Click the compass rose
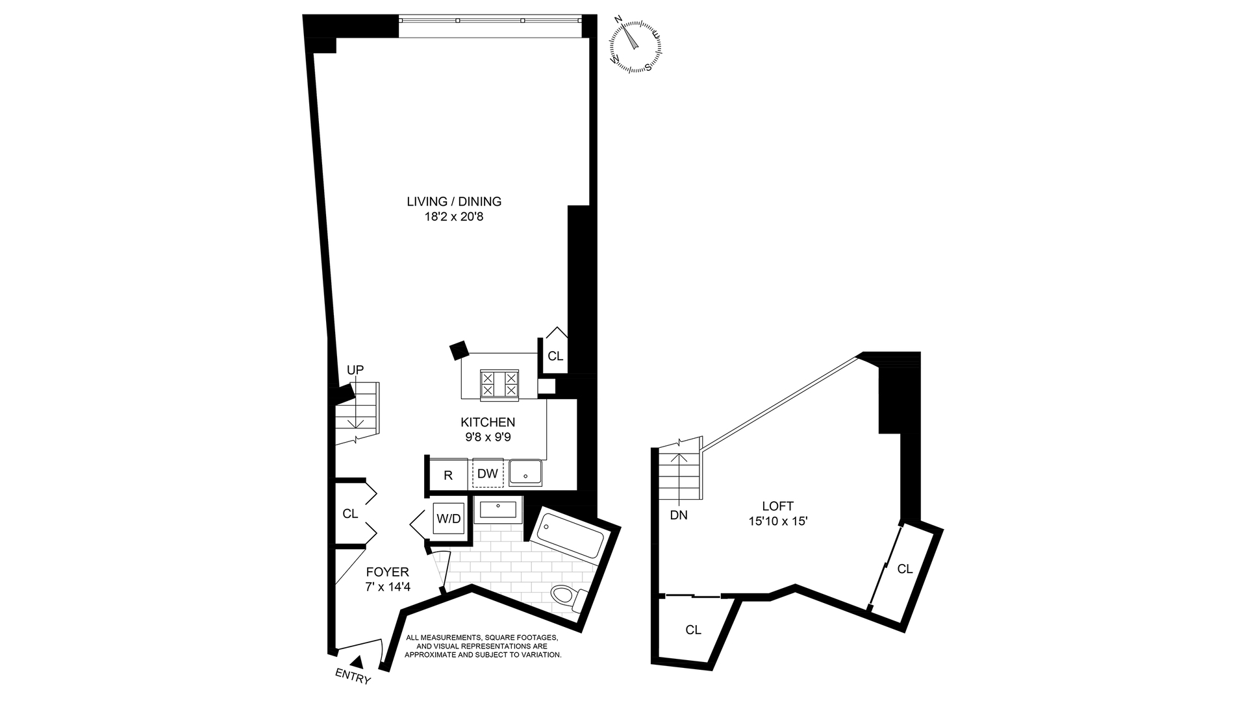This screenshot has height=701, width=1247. point(635,45)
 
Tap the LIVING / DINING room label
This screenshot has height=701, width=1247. point(454,201)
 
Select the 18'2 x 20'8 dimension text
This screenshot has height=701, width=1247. point(454,217)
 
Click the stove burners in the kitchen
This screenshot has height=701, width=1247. point(499,383)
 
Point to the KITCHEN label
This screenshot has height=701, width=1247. point(488,423)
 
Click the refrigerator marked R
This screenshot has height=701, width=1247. point(448,474)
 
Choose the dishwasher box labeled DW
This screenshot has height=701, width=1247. point(488,474)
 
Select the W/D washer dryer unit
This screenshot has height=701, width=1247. point(449,519)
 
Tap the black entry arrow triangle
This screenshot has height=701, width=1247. point(357,661)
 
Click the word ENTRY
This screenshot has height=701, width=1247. point(353,677)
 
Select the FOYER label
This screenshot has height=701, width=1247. point(388,572)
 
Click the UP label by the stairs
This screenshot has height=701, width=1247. point(355,370)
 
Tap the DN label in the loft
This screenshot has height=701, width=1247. point(679,516)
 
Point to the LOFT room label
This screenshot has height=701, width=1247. point(778,506)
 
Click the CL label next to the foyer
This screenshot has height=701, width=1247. point(350,514)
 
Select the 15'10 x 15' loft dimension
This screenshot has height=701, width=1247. point(778,521)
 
